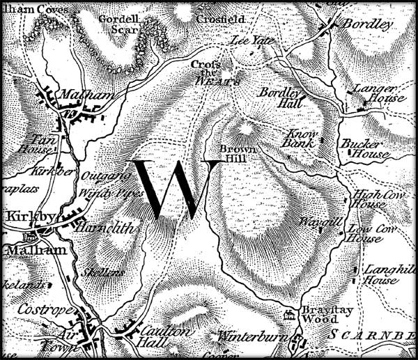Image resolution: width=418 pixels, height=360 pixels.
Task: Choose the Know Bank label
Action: [303, 136]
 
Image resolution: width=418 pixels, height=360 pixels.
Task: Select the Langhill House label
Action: [380, 274]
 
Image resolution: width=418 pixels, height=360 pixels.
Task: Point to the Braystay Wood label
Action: [318, 313]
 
